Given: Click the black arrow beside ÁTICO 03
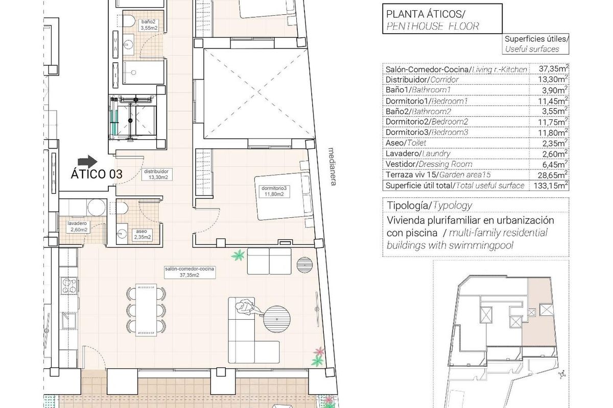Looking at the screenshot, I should click(x=88, y=161).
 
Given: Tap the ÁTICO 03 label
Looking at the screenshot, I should click(x=97, y=174).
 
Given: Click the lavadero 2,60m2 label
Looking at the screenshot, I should click(x=78, y=226).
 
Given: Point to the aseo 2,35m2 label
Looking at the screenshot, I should click(x=142, y=234).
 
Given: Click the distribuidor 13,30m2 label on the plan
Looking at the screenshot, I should click(x=158, y=174).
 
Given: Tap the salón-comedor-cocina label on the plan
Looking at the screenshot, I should click(x=189, y=271).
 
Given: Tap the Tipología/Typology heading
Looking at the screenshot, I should click(x=429, y=206).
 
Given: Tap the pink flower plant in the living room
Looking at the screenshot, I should click(x=319, y=352).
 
